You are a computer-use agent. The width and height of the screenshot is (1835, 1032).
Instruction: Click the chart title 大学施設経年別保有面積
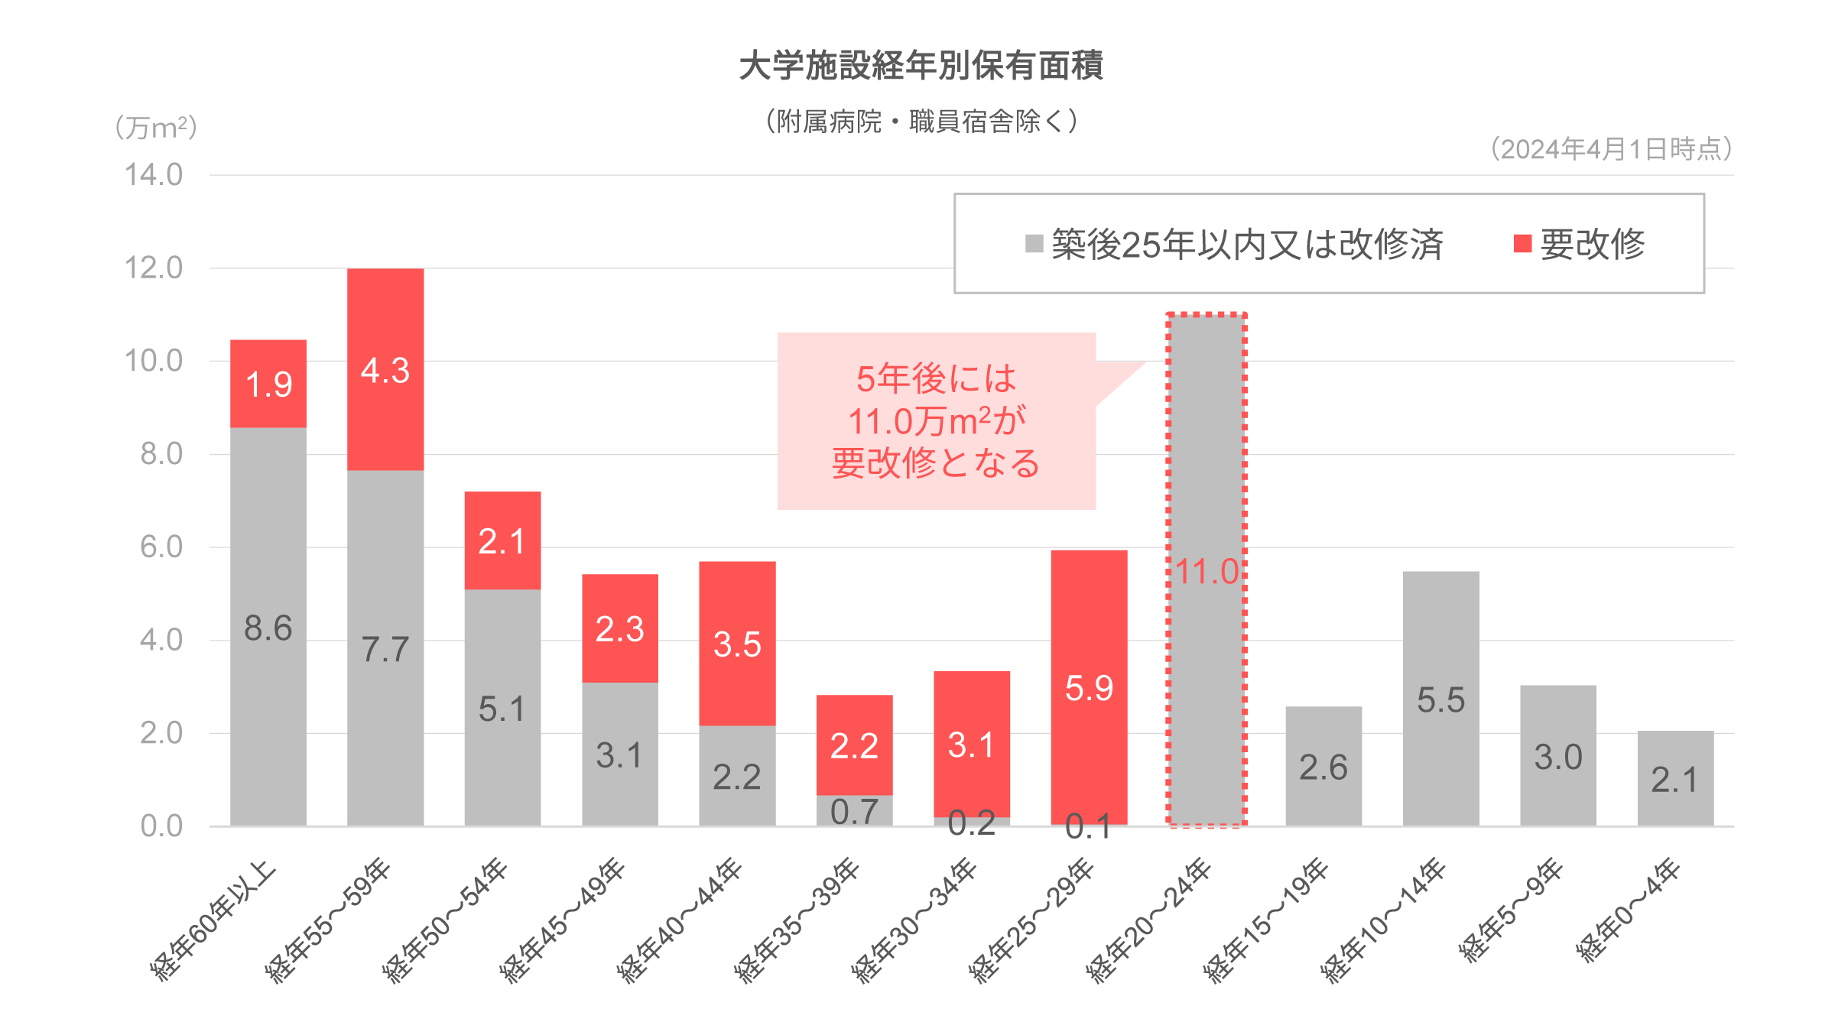[921, 66]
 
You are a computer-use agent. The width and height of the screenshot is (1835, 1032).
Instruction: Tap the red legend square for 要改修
[1522, 244]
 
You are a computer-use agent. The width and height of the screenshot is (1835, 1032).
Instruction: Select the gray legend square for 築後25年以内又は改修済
[1034, 244]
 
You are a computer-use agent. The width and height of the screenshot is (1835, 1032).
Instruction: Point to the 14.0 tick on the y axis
[154, 175]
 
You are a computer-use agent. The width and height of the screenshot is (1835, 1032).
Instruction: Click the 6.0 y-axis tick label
[161, 547]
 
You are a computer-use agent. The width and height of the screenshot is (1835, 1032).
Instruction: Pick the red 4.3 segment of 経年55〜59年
[385, 369]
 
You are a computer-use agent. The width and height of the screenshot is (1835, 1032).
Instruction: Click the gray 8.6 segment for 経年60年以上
[268, 627]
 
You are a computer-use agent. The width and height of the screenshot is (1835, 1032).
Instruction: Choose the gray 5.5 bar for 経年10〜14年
[1440, 699]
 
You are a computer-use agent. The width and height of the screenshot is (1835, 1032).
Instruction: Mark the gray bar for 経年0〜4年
[1675, 778]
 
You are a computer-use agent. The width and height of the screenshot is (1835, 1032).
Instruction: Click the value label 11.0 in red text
[1207, 572]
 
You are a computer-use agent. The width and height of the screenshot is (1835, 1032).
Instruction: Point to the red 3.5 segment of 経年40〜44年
[737, 644]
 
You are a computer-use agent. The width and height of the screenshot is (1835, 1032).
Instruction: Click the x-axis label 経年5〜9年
[1511, 910]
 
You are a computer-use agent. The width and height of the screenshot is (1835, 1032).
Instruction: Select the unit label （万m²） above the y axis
[156, 128]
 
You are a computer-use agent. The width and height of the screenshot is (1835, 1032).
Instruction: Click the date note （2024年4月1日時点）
[1611, 149]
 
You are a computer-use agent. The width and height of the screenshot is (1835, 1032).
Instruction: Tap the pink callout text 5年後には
[936, 378]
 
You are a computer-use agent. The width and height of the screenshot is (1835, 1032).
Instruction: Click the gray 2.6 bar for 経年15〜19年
[1323, 766]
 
